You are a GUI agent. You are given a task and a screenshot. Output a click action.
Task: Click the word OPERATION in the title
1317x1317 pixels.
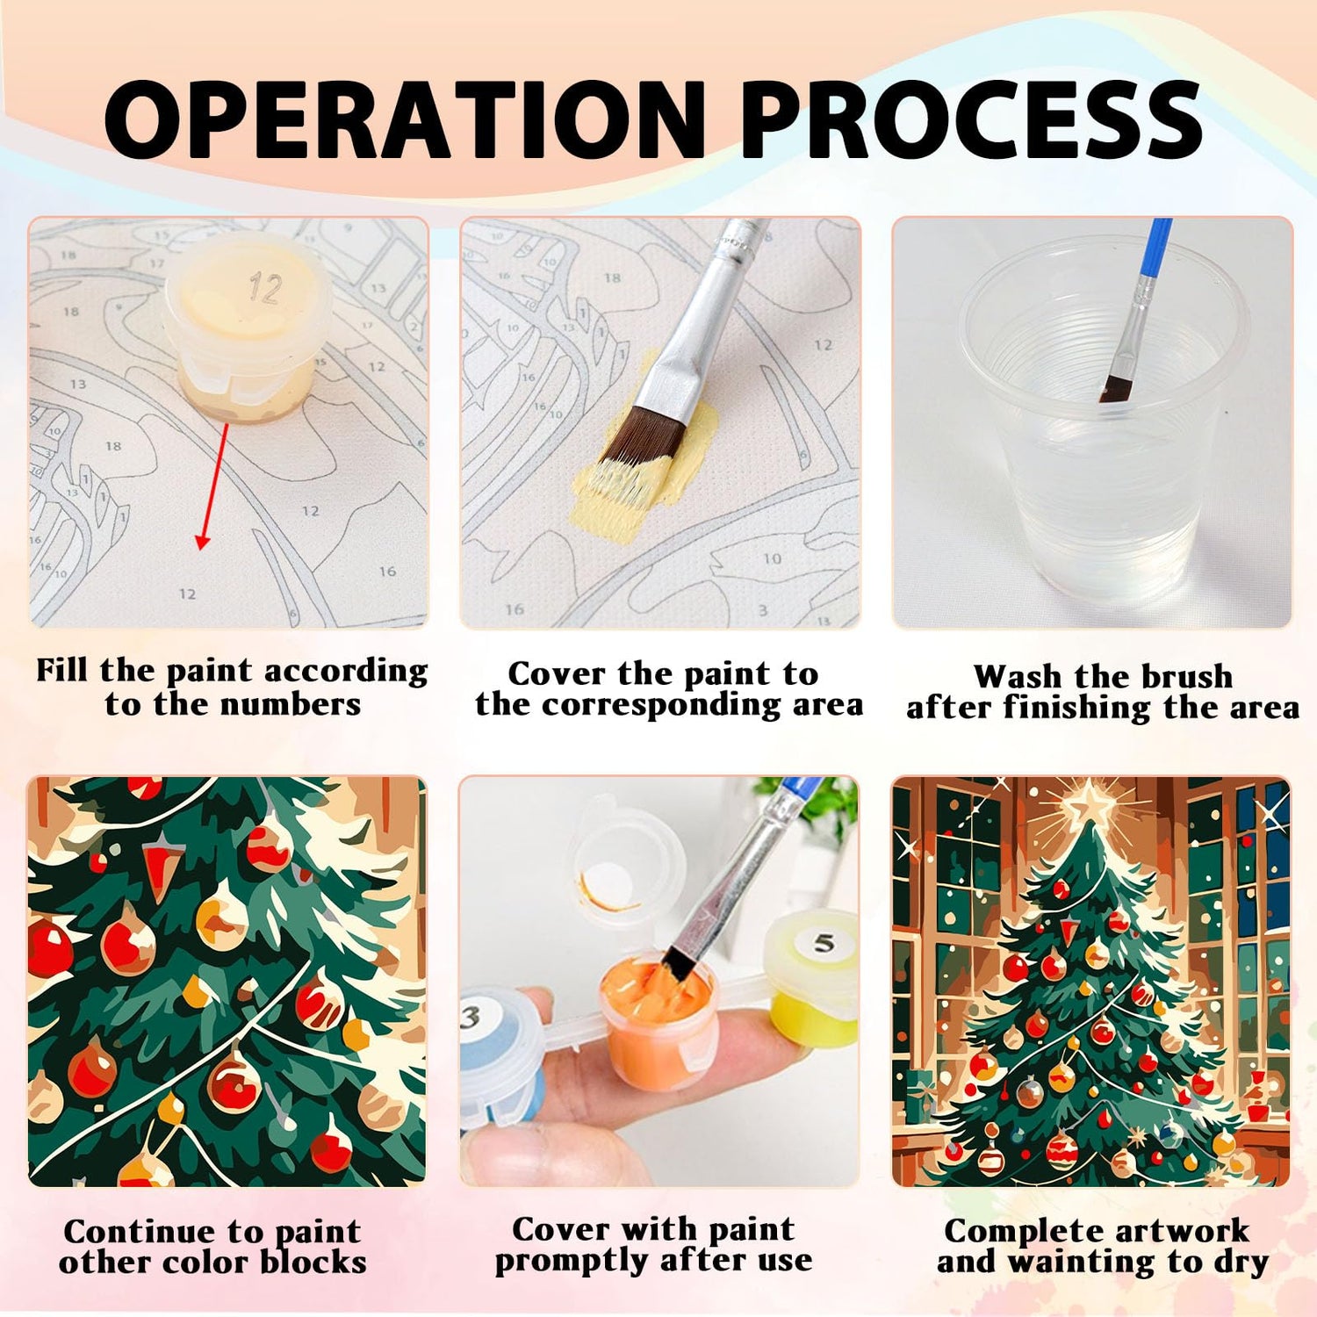coord(405,119)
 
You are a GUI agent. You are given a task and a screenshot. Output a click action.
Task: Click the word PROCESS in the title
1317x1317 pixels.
coord(973,119)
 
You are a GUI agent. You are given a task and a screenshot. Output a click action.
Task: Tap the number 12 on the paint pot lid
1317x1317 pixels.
coord(264,288)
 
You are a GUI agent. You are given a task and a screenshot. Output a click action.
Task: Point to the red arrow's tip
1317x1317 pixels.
coord(202,548)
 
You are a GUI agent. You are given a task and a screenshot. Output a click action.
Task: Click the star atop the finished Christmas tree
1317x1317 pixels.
coord(1089,804)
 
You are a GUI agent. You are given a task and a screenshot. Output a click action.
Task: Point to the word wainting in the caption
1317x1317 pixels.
coord(1083,1263)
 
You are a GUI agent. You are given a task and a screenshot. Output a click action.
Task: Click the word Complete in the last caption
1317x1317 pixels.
coord(1007,1233)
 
